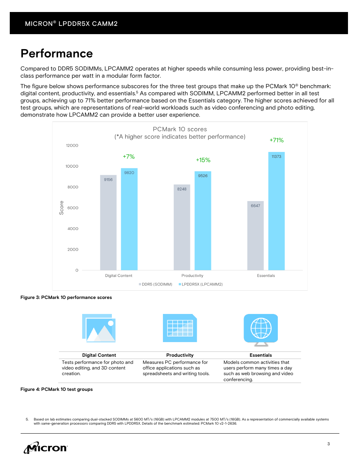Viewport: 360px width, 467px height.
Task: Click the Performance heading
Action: (x=57, y=54)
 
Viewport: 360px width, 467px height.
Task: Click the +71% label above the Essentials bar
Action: (x=276, y=140)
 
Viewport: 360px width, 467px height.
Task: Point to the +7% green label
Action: (x=129, y=157)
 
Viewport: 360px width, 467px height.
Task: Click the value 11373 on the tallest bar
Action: (x=276, y=156)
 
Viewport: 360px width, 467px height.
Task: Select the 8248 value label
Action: (x=182, y=189)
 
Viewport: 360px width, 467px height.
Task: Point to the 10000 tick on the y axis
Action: (x=72, y=166)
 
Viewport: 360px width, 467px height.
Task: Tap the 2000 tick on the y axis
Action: (x=73, y=249)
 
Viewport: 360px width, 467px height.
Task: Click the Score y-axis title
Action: (x=62, y=208)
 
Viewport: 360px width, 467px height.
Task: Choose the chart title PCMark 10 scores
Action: (x=180, y=129)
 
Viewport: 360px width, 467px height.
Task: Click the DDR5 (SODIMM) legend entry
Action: (x=155, y=284)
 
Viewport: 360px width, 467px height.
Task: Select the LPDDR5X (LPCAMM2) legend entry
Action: (x=201, y=284)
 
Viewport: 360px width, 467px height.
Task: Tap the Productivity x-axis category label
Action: (x=192, y=276)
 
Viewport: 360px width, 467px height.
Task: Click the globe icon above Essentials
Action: (x=261, y=329)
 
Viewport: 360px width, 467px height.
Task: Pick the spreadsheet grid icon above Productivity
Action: (x=180, y=328)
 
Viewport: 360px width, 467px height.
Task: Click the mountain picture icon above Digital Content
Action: (x=99, y=328)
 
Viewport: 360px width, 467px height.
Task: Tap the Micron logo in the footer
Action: (x=46, y=447)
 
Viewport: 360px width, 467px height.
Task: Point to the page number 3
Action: (x=328, y=444)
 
